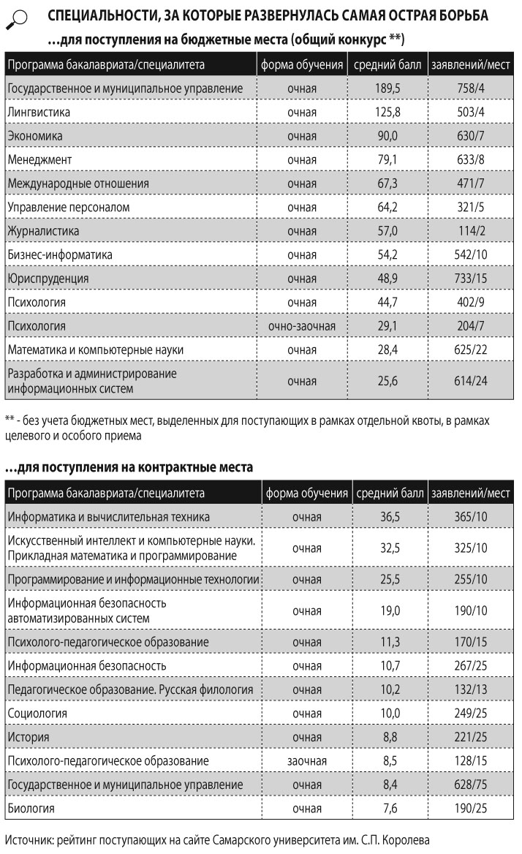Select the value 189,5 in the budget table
387,88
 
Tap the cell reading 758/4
470,88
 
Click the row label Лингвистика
39,112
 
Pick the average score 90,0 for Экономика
387,136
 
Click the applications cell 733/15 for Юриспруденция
470,279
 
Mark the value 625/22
470,350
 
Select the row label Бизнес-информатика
60,255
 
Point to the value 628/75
470,785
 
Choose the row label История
29,737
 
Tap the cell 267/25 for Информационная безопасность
470,665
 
